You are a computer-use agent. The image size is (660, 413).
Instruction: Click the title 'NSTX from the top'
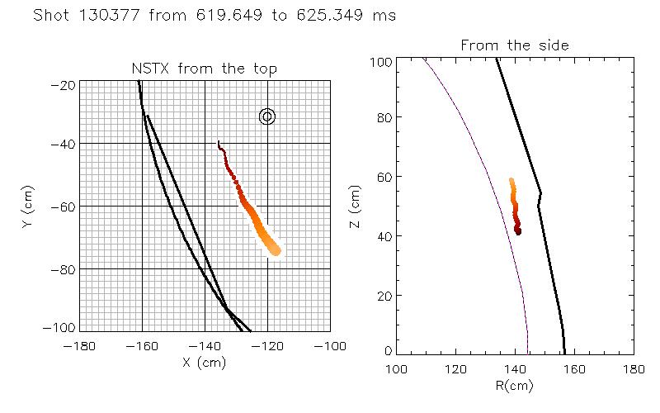205,69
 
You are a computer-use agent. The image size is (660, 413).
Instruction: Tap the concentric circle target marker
266,116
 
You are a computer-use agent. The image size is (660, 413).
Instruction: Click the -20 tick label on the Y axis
64,85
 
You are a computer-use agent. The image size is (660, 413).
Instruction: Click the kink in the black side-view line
540,194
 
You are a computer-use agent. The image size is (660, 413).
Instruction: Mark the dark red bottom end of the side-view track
518,232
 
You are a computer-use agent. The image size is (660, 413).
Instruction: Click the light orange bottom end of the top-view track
276,250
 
